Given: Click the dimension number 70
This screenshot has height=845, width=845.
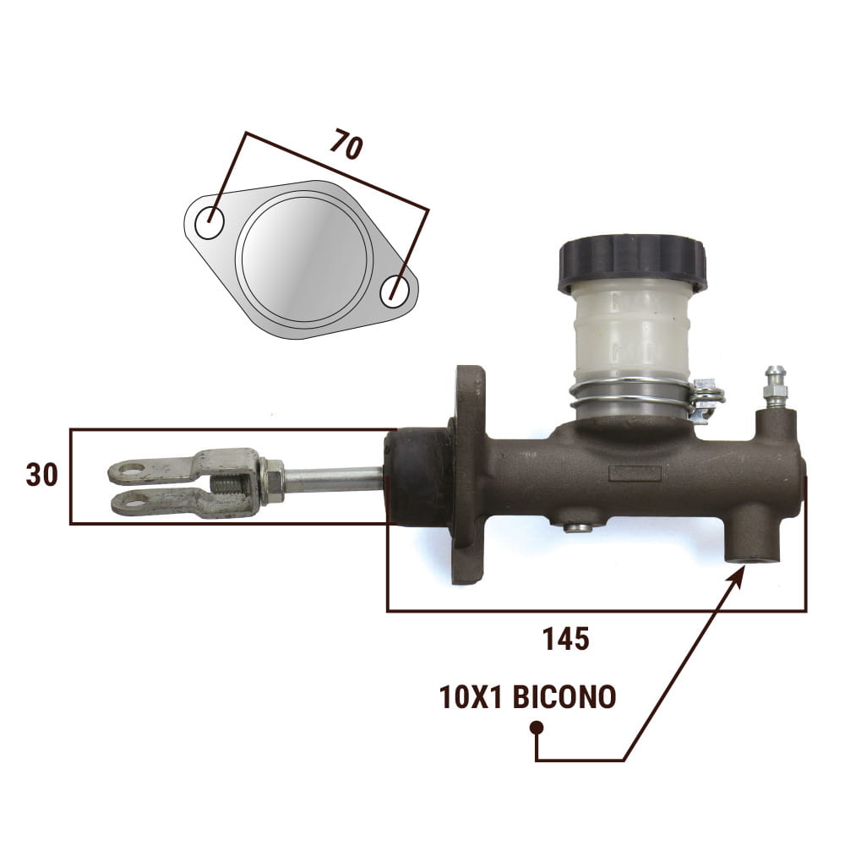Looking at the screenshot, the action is tap(346, 144).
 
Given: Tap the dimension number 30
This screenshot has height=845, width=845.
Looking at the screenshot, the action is tap(41, 475).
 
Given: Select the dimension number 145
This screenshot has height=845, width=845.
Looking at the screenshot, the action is tap(565, 639).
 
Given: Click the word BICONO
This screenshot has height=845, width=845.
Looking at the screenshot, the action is tap(564, 697).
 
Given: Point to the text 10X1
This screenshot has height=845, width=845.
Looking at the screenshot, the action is tap(471, 697).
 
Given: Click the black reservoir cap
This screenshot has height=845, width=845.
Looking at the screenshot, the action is tap(633, 263).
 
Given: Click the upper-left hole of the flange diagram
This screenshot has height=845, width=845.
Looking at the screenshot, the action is tap(209, 224).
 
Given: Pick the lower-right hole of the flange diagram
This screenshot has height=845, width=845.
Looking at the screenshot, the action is tap(395, 292).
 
